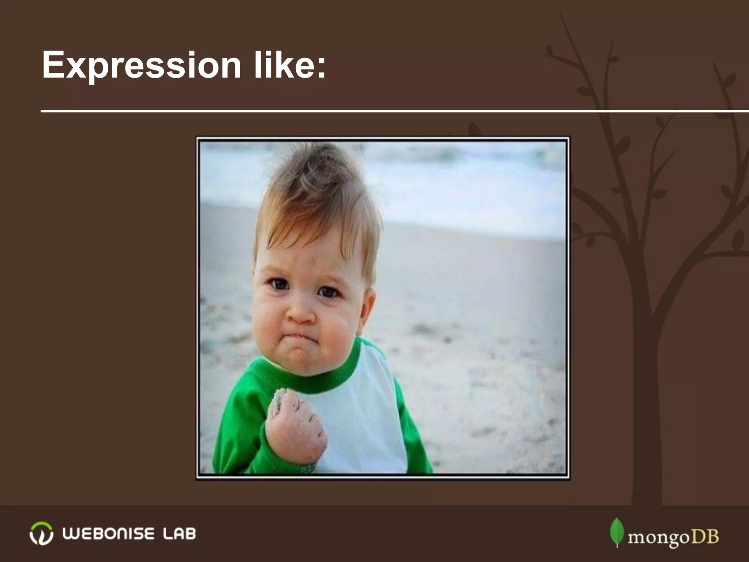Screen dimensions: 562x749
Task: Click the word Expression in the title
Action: coord(141,66)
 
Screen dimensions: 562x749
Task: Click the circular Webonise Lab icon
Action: coord(41,533)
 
